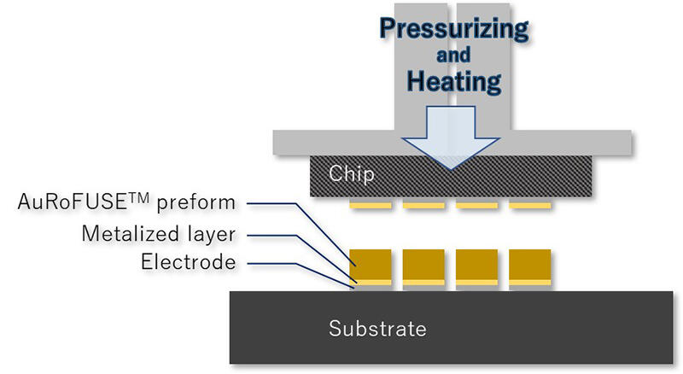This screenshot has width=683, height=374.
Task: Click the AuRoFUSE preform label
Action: [126, 203]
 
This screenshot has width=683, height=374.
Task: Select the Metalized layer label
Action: [158, 232]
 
